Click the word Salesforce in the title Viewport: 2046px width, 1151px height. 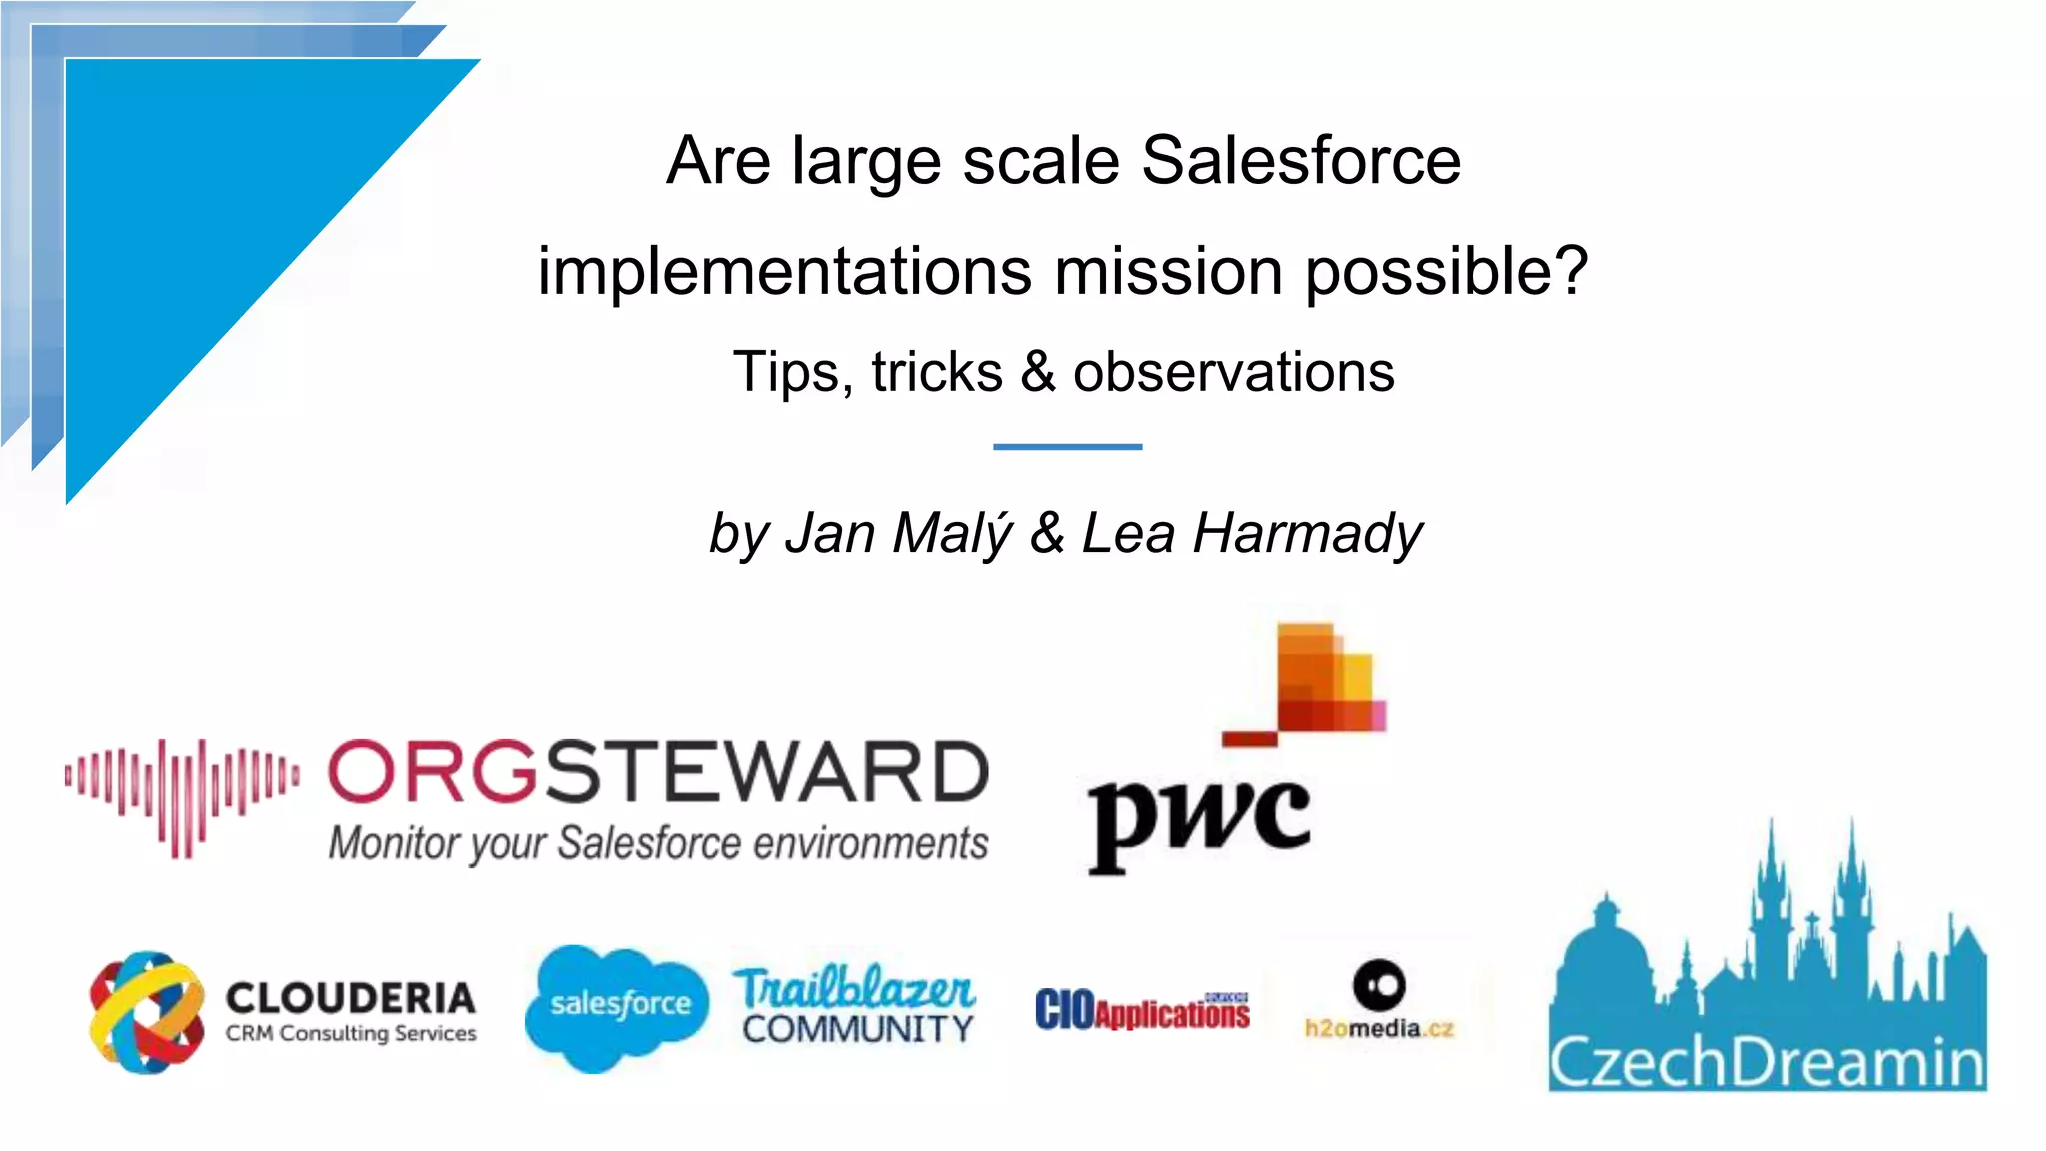[1300, 161]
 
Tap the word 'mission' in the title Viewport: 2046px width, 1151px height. [1168, 272]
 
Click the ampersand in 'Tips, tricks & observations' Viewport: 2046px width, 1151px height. [1038, 372]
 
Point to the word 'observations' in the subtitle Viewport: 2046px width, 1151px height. [1233, 372]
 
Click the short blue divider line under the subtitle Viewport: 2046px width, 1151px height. [1067, 446]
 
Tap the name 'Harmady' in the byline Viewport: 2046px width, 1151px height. [1307, 533]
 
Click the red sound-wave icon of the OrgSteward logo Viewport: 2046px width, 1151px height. [182, 797]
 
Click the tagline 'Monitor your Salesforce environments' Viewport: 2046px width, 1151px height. [657, 844]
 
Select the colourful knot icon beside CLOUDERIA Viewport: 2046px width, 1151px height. [147, 1012]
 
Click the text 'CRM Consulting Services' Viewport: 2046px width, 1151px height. [350, 1034]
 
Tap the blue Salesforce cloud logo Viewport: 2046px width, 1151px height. [618, 1006]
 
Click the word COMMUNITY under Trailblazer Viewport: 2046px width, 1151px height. [857, 1029]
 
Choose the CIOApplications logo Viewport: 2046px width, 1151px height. [1142, 1011]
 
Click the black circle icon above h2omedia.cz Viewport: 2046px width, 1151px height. [1379, 985]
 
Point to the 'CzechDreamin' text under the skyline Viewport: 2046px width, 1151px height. [1766, 1063]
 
